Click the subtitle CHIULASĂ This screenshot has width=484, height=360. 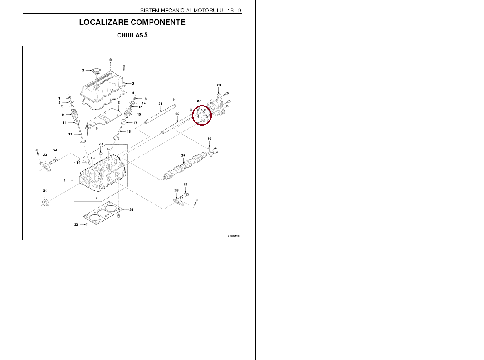(x=132, y=35)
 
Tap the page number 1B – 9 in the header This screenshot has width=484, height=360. (x=234, y=11)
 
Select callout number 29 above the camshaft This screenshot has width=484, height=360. (x=183, y=156)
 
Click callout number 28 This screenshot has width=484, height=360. (x=219, y=85)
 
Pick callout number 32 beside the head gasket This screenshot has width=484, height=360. (x=132, y=209)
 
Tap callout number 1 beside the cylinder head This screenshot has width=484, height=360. (x=65, y=180)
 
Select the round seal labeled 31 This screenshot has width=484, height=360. (x=46, y=203)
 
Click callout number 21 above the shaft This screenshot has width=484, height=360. (x=160, y=104)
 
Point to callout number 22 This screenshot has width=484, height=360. (x=177, y=114)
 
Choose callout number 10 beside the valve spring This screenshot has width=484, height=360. (x=62, y=115)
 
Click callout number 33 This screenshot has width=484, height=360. (x=76, y=225)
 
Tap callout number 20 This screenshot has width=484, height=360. (x=101, y=144)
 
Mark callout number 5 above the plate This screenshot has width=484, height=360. (x=119, y=103)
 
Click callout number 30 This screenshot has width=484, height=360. (x=209, y=139)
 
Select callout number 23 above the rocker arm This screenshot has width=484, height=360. (x=45, y=155)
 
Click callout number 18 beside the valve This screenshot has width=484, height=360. (x=129, y=132)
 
